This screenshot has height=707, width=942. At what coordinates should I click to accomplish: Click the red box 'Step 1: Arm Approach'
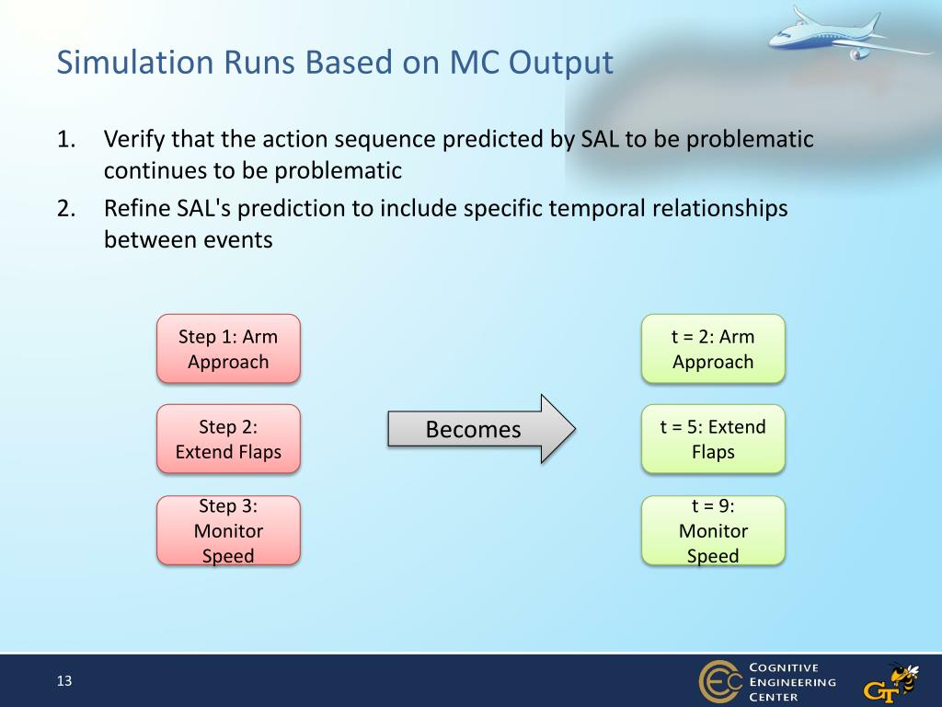point(228,349)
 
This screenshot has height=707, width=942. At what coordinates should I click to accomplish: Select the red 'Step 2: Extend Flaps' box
point(228,439)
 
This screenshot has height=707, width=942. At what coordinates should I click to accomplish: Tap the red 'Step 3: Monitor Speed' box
point(228,530)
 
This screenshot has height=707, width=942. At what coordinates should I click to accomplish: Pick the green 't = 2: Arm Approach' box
point(713,349)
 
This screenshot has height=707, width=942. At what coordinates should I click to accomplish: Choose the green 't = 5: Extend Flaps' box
point(713,439)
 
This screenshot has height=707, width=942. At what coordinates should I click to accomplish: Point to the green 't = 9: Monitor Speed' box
point(713,530)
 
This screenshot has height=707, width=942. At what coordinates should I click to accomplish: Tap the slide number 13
point(64,680)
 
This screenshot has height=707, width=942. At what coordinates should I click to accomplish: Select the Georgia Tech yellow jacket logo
point(891,683)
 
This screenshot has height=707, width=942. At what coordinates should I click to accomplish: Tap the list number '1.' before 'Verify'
point(66,140)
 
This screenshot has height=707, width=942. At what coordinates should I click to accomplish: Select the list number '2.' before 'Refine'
point(66,209)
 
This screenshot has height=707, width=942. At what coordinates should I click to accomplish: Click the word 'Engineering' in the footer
point(792,682)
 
